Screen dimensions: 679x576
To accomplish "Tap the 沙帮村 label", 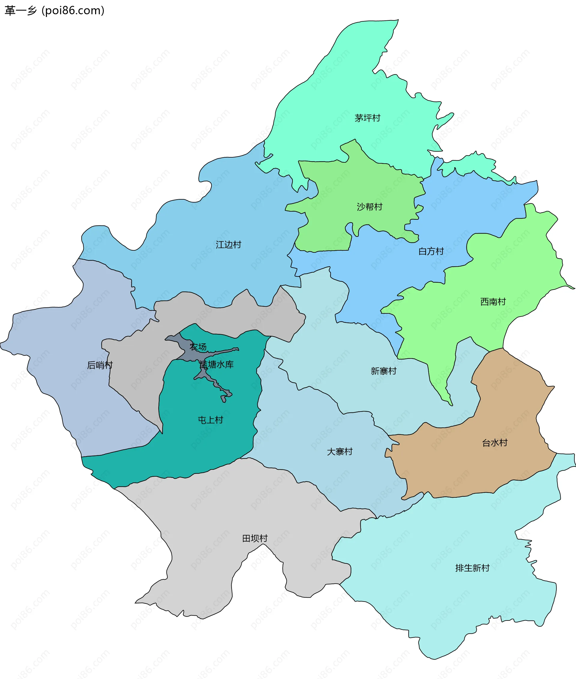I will click(x=369, y=207).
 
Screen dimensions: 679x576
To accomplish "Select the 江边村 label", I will click(x=228, y=244).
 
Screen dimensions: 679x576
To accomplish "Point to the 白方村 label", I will click(x=431, y=251).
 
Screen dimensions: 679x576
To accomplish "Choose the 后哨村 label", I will click(x=100, y=365).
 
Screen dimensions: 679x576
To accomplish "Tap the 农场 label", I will click(x=198, y=347).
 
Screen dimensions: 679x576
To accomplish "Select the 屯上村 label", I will click(x=211, y=420).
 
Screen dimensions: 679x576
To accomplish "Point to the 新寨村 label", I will click(x=383, y=371).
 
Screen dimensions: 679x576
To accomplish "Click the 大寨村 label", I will click(x=340, y=451).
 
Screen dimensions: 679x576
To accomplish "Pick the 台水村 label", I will click(x=495, y=443).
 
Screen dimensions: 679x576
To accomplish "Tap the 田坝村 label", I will click(x=255, y=538).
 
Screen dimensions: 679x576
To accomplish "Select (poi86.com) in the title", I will click(x=73, y=11).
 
